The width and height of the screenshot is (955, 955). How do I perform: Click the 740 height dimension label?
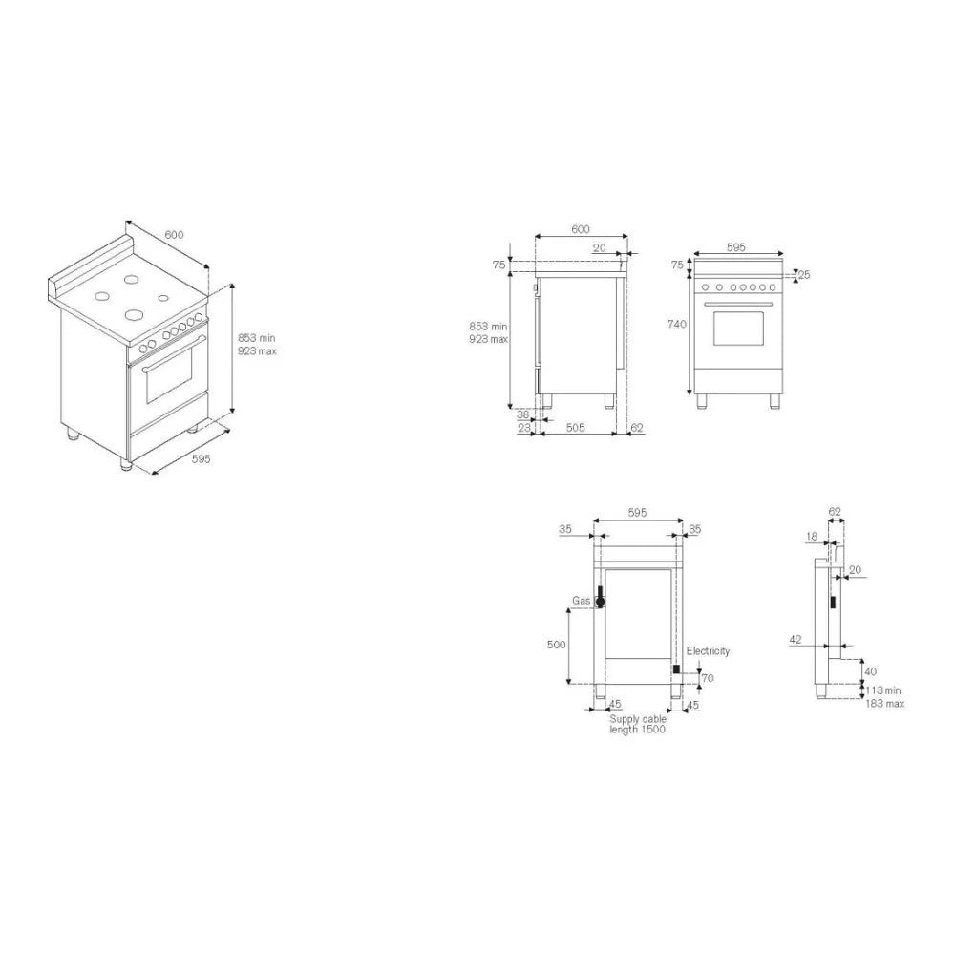point(677,324)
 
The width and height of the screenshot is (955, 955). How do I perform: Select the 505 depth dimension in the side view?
point(576,428)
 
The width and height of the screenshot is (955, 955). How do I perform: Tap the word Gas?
point(581,601)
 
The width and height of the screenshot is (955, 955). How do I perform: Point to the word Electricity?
point(708,651)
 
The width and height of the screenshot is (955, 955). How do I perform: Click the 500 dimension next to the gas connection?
point(556,645)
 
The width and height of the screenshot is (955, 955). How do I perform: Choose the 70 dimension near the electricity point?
point(707,678)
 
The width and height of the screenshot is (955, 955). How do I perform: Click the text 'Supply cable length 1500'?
point(638,724)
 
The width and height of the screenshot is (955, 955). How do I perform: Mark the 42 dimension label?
point(795,640)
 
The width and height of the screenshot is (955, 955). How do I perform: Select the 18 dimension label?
point(811,537)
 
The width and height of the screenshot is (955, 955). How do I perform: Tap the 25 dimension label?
point(804,275)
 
